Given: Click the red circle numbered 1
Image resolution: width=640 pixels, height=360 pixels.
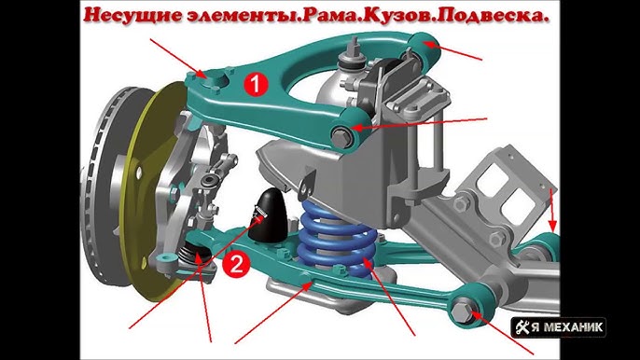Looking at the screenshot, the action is [256, 84].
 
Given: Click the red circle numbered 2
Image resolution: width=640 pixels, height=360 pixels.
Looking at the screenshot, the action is [236, 264].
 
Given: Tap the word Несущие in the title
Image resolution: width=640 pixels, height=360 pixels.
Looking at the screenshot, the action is [134, 15].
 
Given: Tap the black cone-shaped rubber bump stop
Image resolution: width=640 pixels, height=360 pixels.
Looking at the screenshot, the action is [268, 215].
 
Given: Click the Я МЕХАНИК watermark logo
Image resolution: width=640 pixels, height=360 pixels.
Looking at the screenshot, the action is [558, 327].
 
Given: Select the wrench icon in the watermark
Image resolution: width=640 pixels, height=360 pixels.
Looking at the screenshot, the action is [522, 327].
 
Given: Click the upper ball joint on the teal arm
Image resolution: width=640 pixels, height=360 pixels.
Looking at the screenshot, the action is [216, 78].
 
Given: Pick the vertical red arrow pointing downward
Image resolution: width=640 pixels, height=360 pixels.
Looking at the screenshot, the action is [552, 210].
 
